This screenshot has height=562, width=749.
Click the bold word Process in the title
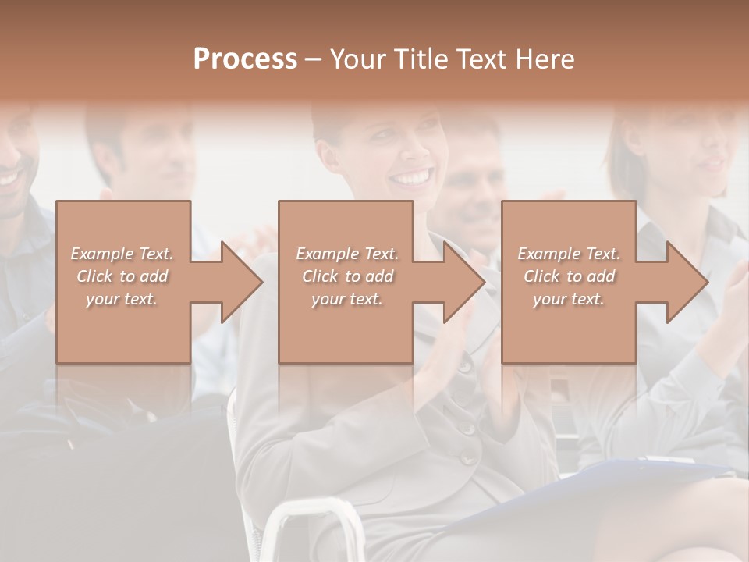point(245,59)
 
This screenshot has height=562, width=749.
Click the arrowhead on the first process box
point(243,282)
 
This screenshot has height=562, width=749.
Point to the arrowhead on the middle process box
point(465,282)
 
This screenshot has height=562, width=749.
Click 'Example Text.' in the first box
point(122,254)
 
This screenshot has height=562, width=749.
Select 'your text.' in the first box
point(122,299)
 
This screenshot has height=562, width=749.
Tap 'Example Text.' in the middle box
point(347,254)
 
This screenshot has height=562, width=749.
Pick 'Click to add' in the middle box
point(347,276)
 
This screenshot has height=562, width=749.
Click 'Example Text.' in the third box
point(569,254)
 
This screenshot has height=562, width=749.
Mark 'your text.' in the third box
point(569,299)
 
